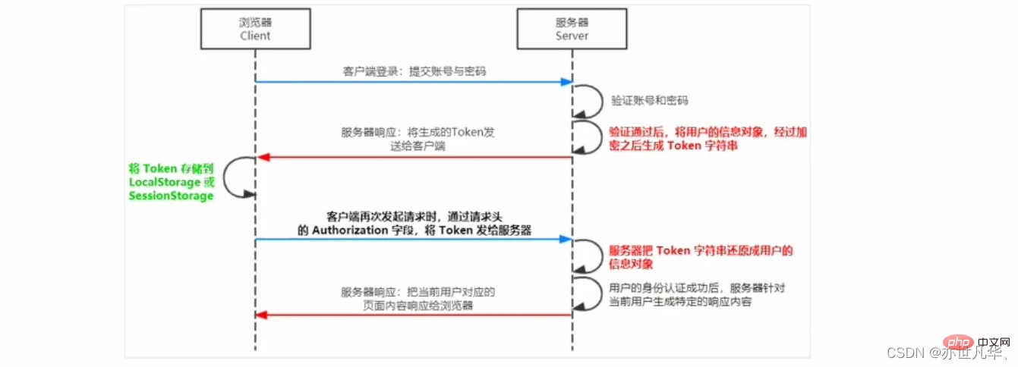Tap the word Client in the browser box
pos(255,36)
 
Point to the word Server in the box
pos(572,36)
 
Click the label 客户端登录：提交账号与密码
pos(414,71)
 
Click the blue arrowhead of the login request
pos(566,82)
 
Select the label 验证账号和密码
pos(649,100)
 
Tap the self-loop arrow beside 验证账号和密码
pos(602,101)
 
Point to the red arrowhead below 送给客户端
pos(263,157)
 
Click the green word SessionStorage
pos(171,196)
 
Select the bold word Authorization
pos(349,231)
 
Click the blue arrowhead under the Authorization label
pos(566,239)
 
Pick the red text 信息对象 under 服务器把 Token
pos(631,264)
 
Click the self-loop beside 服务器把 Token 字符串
pos(602,256)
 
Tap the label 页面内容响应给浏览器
pos(418,306)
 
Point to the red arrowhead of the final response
pos(261,315)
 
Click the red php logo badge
pos(958,342)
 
